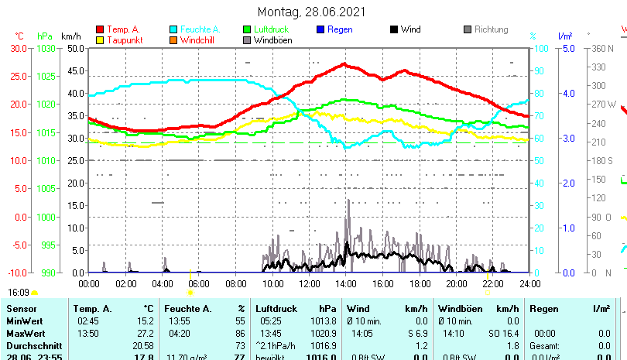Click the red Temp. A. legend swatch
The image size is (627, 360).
click(x=100, y=30)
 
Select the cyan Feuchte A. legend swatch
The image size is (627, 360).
click(x=174, y=30)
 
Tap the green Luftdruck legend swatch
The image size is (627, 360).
click(x=248, y=30)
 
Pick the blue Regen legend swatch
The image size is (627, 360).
click(x=321, y=30)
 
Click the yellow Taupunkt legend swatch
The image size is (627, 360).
click(x=100, y=40)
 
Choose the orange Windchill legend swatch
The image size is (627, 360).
click(x=174, y=40)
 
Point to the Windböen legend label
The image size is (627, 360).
click(x=272, y=40)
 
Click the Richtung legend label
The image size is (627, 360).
click(x=491, y=30)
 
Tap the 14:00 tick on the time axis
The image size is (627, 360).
click(x=346, y=283)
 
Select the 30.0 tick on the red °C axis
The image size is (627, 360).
click(x=19, y=48)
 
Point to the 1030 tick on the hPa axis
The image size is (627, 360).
click(x=46, y=48)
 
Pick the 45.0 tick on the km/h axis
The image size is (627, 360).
click(x=75, y=70)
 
